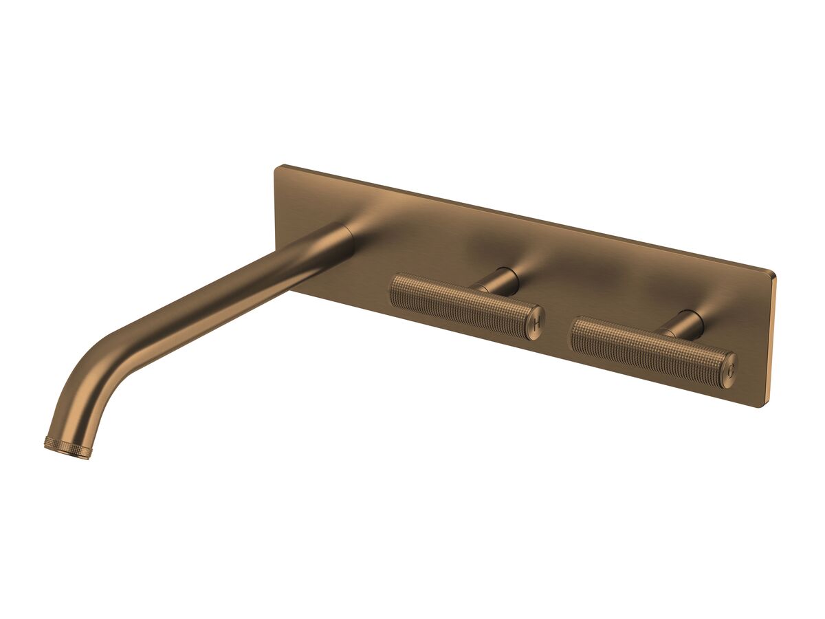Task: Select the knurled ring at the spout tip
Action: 67,447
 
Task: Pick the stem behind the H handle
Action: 500,280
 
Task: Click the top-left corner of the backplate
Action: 278,167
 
